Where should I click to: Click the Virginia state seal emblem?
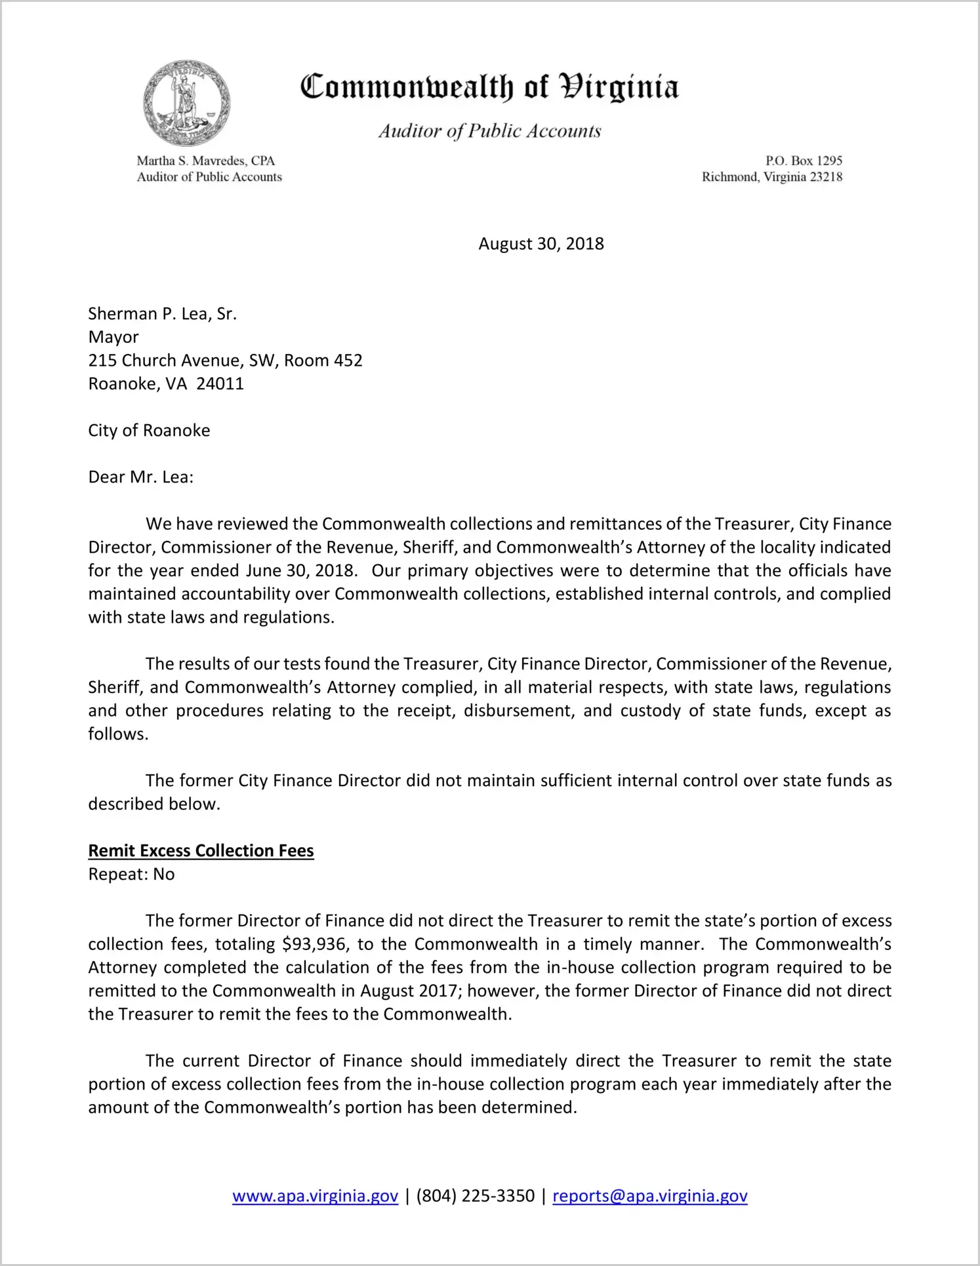click(187, 104)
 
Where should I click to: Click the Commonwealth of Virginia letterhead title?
click(489, 87)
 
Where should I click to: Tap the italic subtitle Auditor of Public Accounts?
click(489, 131)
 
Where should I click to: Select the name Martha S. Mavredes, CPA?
click(205, 161)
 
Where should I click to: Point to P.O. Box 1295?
click(804, 161)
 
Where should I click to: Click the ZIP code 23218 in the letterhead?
click(825, 177)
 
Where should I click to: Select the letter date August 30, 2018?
click(541, 244)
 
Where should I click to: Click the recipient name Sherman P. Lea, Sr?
click(162, 314)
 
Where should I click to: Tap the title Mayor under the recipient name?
click(113, 337)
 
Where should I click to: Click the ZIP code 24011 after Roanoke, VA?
click(220, 384)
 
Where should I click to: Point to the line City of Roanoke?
click(149, 431)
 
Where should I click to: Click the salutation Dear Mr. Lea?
click(141, 477)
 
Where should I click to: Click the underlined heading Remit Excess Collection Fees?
click(201, 851)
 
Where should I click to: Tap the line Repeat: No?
click(131, 875)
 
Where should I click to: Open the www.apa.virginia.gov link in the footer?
click(315, 1197)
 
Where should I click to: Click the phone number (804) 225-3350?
click(475, 1197)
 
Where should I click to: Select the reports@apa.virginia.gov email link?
click(649, 1197)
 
